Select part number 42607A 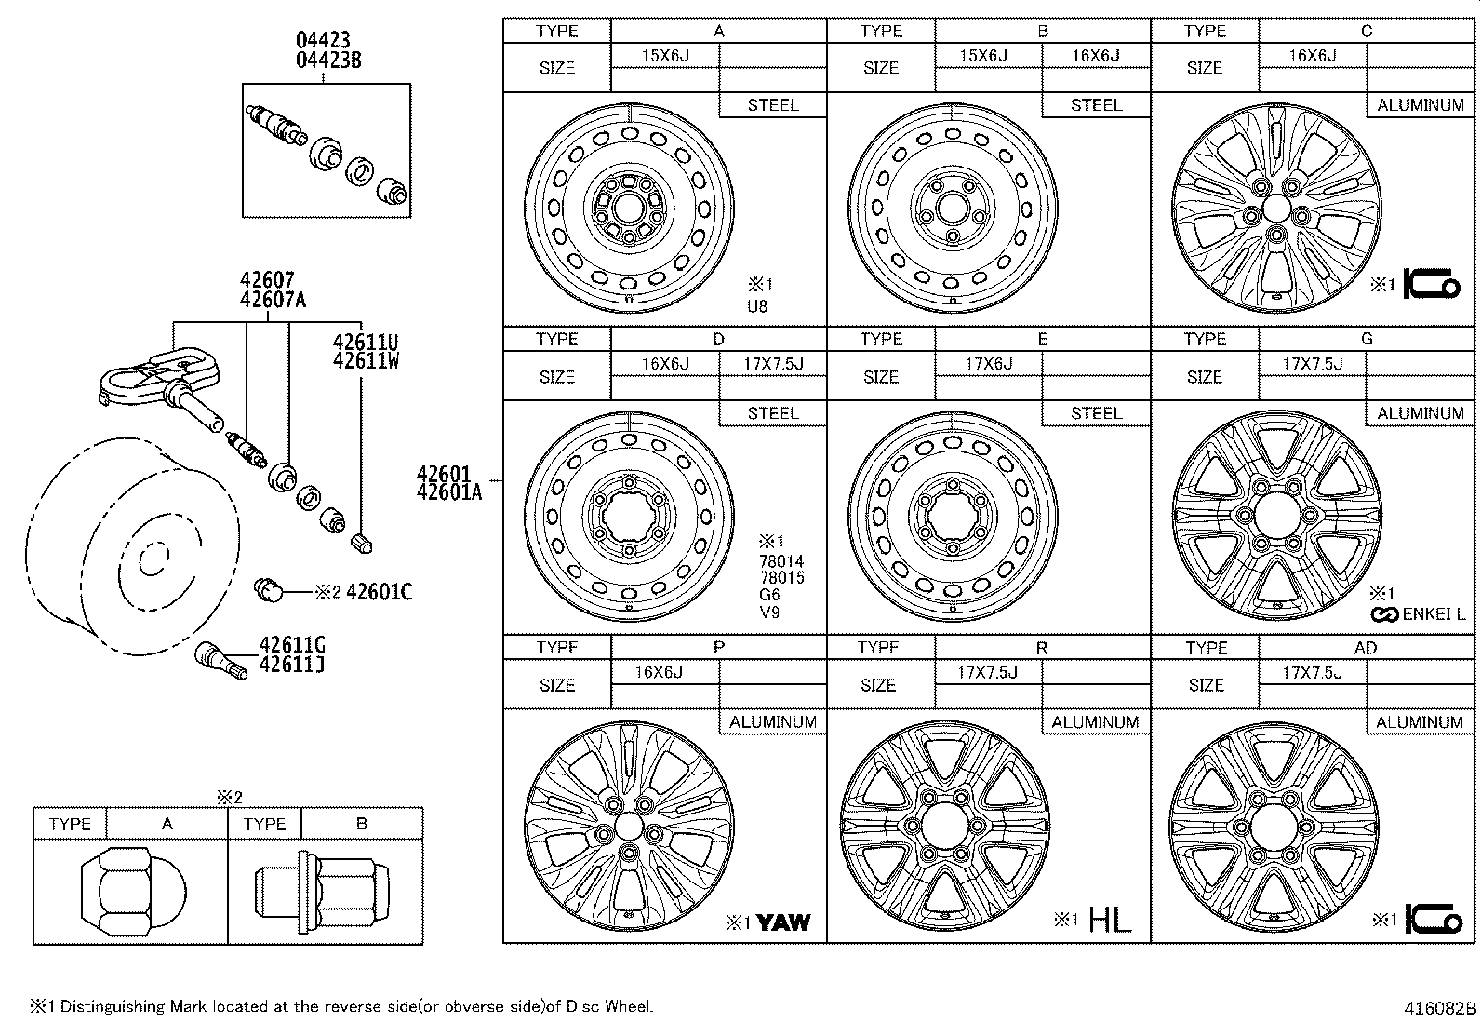coord(273,300)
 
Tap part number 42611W coord(366,361)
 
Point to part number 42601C coord(379,592)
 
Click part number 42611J coord(291,665)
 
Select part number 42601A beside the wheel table coord(449,493)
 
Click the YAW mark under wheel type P coord(782,922)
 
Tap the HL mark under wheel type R coord(1110,921)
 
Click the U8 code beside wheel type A coord(757,305)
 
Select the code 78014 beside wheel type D coord(781,561)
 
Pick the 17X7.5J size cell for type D coord(772,364)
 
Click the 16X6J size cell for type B coord(1095,56)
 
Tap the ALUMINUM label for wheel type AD coord(1420,721)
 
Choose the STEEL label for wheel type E coord(1096,413)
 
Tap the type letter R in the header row coord(1041,648)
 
